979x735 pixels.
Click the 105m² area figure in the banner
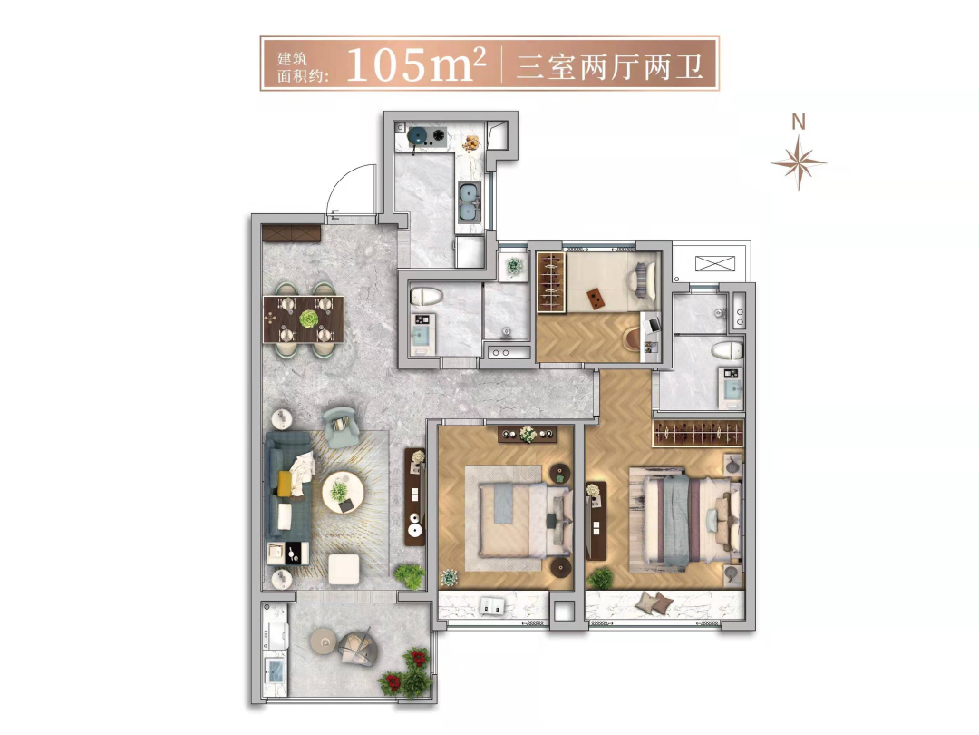[x=416, y=64]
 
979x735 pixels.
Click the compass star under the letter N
[x=799, y=162]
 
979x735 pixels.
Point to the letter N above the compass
[x=799, y=122]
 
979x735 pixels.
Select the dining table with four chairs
[x=304, y=319]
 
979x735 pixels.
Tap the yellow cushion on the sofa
[x=285, y=483]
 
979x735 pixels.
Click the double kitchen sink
[x=470, y=202]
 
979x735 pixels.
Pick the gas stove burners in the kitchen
[x=428, y=136]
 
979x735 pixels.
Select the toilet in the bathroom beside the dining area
[x=426, y=296]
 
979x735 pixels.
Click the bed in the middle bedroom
[x=525, y=520]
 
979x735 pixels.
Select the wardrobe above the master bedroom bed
[x=698, y=433]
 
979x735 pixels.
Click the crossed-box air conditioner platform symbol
[x=711, y=263]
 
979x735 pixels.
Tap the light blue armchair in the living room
[x=341, y=426]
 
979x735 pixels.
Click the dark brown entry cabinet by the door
[x=291, y=234]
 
